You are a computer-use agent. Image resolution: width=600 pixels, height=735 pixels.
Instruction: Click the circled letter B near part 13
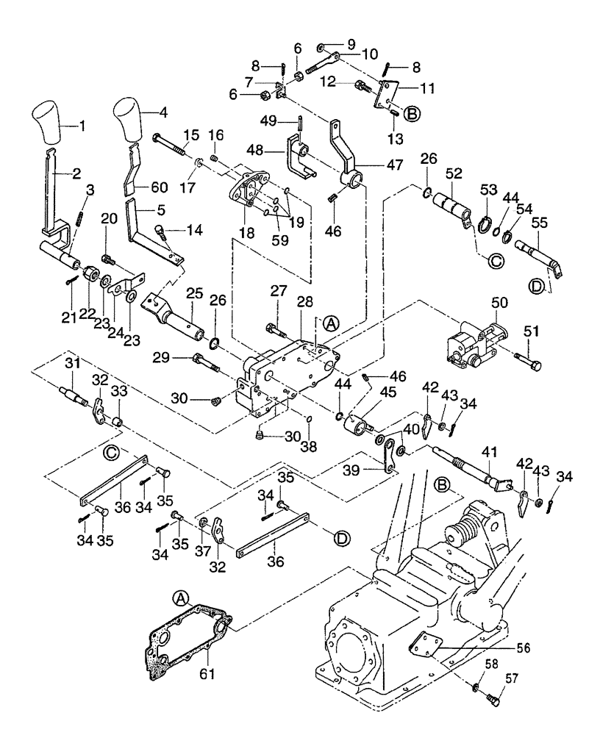coord(412,114)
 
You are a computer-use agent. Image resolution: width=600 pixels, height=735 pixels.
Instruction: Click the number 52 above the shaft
coord(454,175)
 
